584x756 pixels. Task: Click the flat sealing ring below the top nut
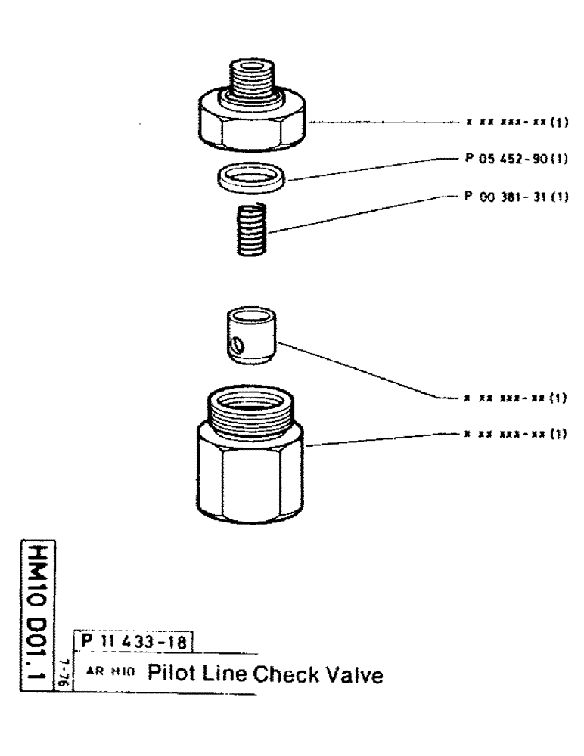(245, 180)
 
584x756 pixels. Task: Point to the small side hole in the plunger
(238, 345)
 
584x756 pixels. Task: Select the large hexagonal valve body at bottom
(250, 461)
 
